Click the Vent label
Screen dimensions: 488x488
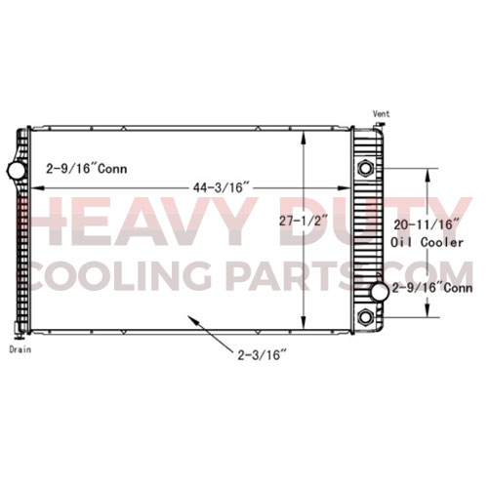(x=381, y=114)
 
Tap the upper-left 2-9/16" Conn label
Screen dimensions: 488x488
(x=87, y=168)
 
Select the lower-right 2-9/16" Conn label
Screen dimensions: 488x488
(x=432, y=288)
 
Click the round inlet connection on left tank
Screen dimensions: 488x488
(x=17, y=171)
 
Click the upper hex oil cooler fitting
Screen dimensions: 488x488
(x=366, y=168)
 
